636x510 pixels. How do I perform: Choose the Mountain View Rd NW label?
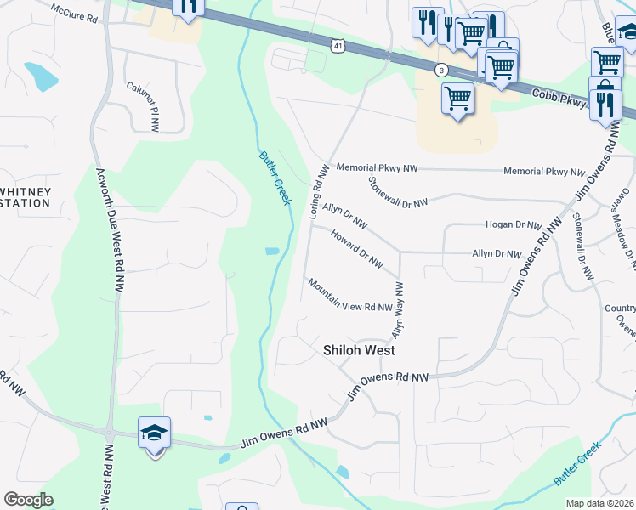tap(349, 296)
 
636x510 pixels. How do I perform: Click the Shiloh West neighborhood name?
tap(360, 349)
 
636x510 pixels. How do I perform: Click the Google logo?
tap(28, 500)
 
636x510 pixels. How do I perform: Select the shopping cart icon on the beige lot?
tap(457, 99)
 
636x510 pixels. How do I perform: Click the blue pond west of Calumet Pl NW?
tap(41, 76)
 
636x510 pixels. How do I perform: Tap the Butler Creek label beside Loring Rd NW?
tap(275, 177)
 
